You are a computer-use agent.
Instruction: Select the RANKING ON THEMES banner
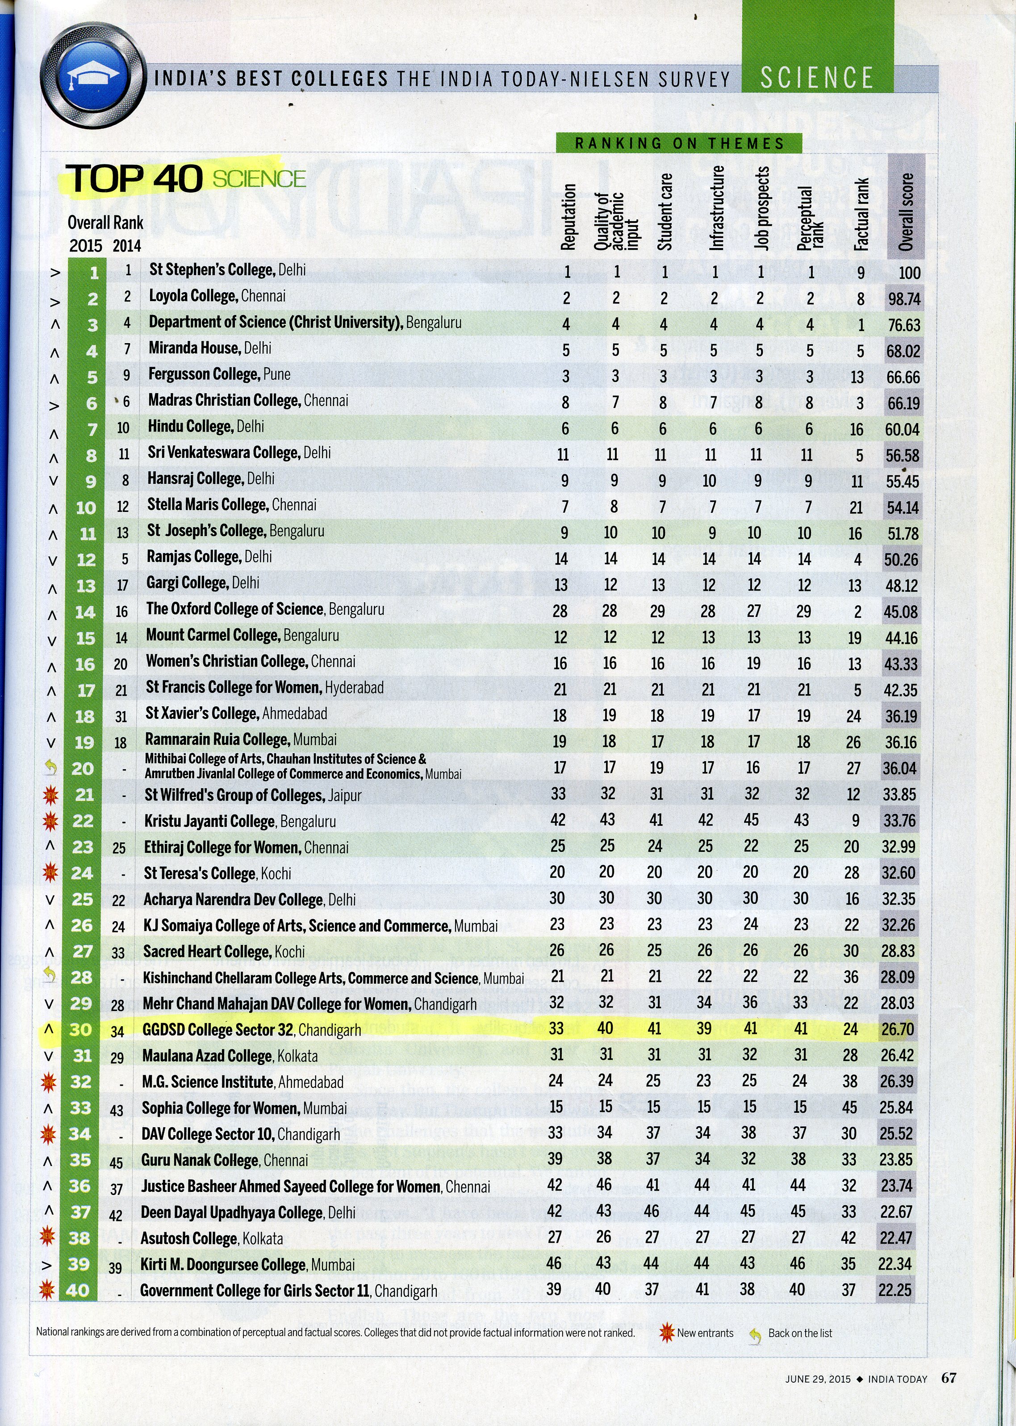point(679,143)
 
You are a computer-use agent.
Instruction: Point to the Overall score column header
point(906,213)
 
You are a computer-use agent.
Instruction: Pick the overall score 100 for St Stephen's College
point(909,273)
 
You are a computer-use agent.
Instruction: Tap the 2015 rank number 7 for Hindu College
point(92,429)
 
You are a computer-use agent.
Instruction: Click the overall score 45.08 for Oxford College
point(900,611)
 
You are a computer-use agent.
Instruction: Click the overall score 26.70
point(897,1029)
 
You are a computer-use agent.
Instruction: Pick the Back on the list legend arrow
point(756,1334)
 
